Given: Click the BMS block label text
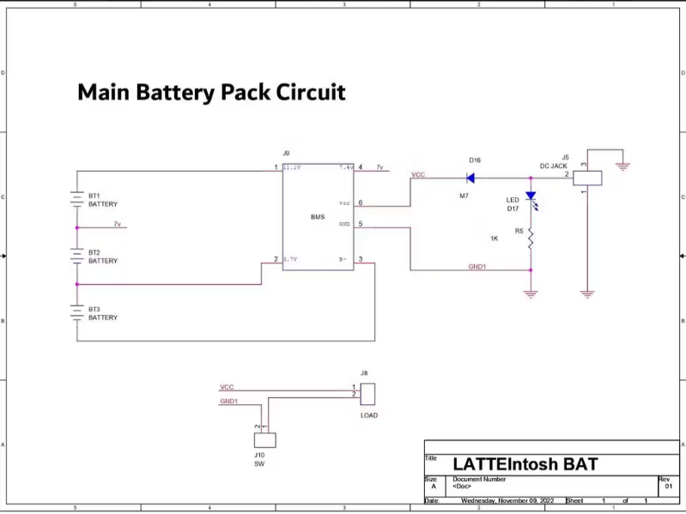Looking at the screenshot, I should tap(318, 217).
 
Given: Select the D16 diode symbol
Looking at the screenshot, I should tap(470, 178).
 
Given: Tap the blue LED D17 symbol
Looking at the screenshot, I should tap(531, 196).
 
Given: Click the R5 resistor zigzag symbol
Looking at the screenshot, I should tap(531, 239).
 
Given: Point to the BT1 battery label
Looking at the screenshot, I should tap(94, 197).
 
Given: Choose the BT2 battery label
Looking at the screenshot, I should tap(94, 253).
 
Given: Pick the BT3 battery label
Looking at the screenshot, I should tap(94, 309).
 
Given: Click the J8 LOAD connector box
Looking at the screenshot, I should tap(368, 394).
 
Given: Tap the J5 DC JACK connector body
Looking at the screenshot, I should tap(587, 178).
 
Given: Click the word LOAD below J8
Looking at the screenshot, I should tap(368, 415).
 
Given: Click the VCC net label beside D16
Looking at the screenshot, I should tap(418, 174).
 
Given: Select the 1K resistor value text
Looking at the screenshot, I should tap(494, 239).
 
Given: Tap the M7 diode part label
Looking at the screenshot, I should tap(464, 197).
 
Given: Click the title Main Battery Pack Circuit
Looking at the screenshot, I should tap(211, 92).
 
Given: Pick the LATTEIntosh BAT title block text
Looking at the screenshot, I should tap(525, 465).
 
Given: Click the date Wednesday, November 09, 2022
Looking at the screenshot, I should tap(507, 500).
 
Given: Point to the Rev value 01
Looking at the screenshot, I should tap(668, 487).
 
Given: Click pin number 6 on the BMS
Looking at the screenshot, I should tap(361, 203).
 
